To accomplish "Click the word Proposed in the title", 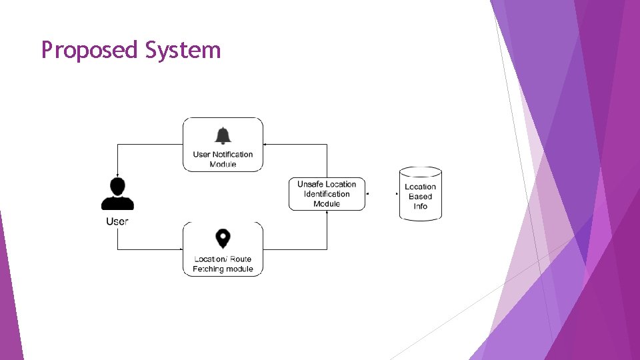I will coord(89,51).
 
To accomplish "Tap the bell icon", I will coord(223,135).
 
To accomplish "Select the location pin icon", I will coord(223,239).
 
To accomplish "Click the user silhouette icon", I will coord(117,195).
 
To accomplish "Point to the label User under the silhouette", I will coord(117,221).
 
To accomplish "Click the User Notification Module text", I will coord(223,159).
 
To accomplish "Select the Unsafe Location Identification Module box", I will coord(327,194).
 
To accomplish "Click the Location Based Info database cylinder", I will coord(421,194).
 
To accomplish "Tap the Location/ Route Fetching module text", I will coord(223,264).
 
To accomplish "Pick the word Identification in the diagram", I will coord(327,194).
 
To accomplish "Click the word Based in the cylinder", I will coord(421,197).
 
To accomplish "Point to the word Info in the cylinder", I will coord(421,206).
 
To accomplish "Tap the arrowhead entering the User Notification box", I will coord(265,144).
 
